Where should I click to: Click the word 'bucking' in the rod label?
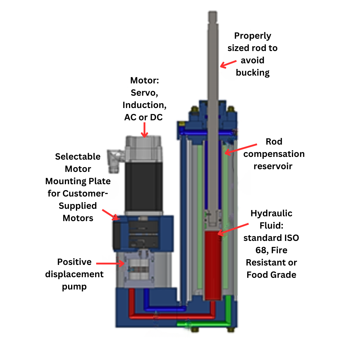pos(253,73)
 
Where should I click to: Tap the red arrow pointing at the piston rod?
pos(228,64)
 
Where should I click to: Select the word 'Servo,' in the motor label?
pos(144,93)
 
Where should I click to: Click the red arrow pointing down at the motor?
pos(144,130)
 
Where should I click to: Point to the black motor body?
pos(144,186)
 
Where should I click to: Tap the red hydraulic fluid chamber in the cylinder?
pos(213,264)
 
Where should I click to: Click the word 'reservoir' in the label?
pos(273,166)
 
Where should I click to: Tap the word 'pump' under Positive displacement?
pos(74,287)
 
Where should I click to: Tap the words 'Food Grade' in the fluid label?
pos(271,275)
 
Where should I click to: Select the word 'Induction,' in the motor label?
pos(144,105)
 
